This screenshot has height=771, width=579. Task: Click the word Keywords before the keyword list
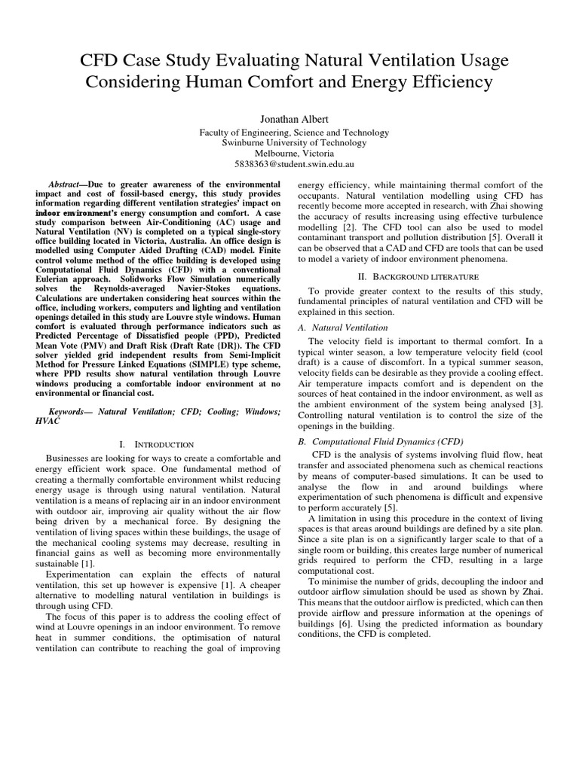pos(71,413)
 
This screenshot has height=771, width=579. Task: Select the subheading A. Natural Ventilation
pos(344,328)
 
